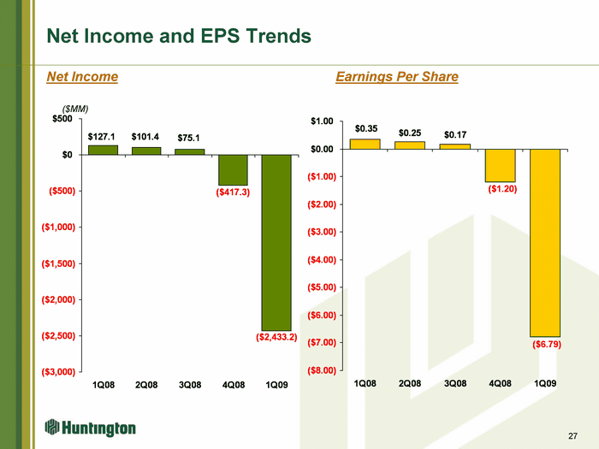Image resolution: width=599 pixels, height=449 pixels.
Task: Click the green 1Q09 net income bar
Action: (276, 242)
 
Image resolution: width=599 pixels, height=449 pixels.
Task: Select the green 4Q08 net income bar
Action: (233, 170)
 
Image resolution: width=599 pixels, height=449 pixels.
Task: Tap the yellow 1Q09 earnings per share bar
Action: (545, 243)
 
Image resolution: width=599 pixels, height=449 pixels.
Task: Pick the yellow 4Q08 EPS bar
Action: (501, 165)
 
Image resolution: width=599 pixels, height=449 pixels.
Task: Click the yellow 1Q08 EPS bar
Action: (365, 144)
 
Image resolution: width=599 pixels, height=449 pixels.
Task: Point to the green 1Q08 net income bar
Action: (104, 150)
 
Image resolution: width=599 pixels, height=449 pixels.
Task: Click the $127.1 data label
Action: (101, 137)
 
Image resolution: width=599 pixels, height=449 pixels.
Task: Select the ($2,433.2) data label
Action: (276, 337)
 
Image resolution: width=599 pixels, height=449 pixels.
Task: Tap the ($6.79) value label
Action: (547, 345)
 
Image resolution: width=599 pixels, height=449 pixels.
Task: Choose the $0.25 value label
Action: (410, 133)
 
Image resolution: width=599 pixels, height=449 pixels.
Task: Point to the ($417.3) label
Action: (233, 192)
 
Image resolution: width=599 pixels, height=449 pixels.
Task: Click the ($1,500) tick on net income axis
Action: (58, 263)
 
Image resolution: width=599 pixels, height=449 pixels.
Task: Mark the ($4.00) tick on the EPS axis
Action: (322, 260)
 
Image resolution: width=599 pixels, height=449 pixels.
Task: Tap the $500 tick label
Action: (62, 119)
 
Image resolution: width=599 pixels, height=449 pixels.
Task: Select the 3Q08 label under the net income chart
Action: (190, 385)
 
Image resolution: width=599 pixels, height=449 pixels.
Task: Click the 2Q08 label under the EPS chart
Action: (410, 383)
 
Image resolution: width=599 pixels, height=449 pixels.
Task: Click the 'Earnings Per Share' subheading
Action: (397, 77)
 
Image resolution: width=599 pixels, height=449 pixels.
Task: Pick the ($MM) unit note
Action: (75, 109)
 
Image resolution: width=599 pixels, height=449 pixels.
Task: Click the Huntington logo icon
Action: (52, 428)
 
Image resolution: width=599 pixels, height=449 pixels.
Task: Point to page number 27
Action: (572, 436)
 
